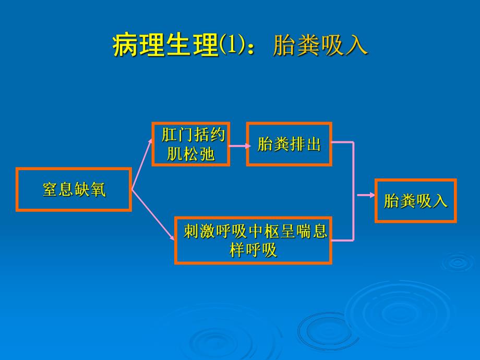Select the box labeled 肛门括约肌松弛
pyautogui.click(x=191, y=145)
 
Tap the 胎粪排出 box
pyautogui.click(x=289, y=145)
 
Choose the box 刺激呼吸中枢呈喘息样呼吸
pyautogui.click(x=254, y=240)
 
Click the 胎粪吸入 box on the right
pyautogui.click(x=416, y=201)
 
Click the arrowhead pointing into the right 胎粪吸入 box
pyautogui.click(x=371, y=195)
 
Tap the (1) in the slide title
pyautogui.click(x=231, y=45)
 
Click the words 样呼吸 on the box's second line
pyautogui.click(x=254, y=250)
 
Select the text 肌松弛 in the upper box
pyautogui.click(x=191, y=154)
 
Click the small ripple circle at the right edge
pyautogui.click(x=458, y=261)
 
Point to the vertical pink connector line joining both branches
pyautogui.click(x=354, y=191)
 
